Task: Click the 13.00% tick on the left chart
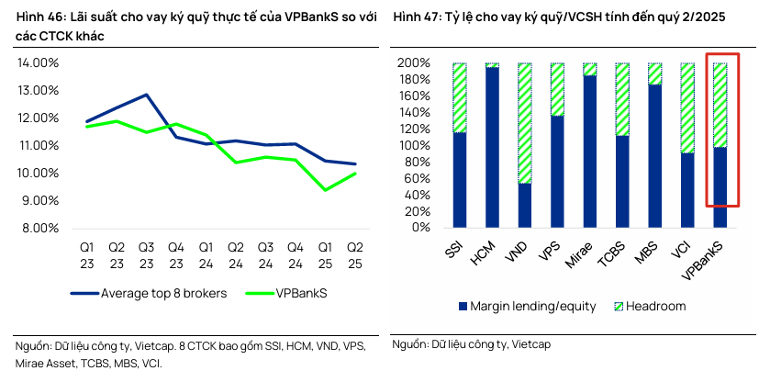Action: coord(38,90)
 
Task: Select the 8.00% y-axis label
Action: coord(39,228)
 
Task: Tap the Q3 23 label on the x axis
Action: coord(146,254)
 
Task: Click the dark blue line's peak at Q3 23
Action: coord(146,95)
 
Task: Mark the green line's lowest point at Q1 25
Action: coord(324,190)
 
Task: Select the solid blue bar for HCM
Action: coord(492,147)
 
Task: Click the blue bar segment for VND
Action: coord(525,205)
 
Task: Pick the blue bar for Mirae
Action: coord(590,152)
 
